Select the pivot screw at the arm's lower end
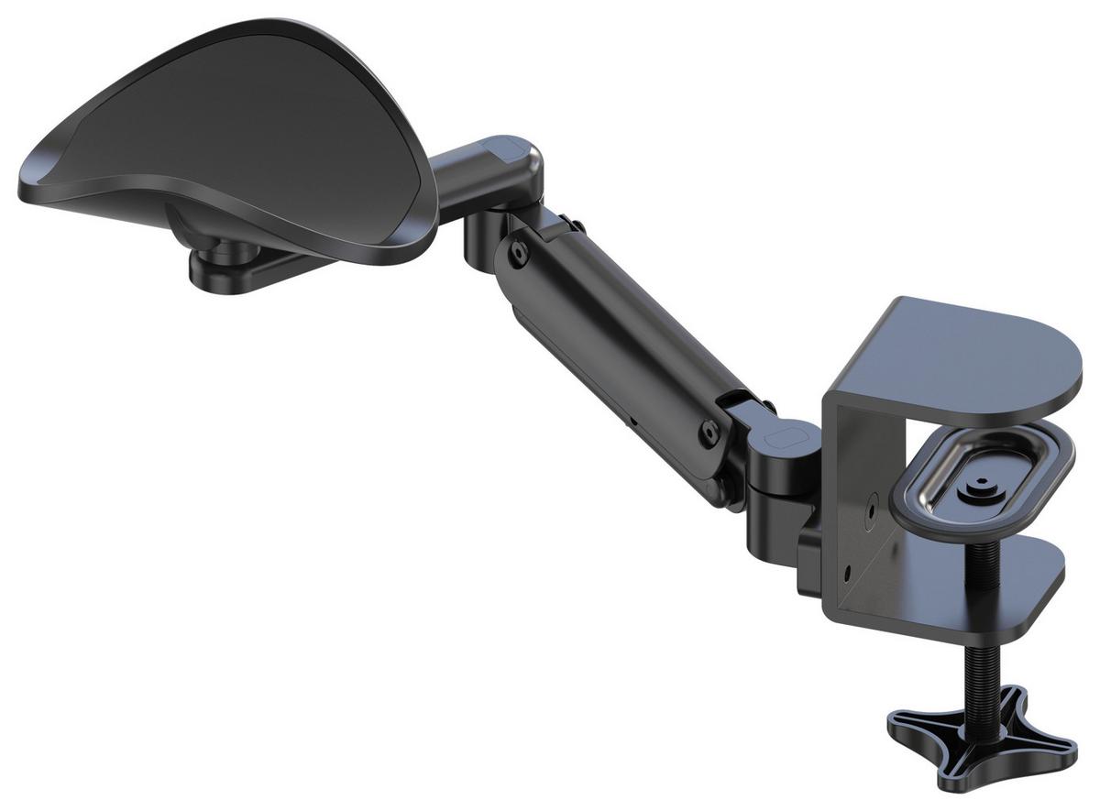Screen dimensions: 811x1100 pos(708,429)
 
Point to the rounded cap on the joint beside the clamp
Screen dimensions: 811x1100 pos(785,438)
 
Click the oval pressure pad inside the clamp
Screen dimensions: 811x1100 pos(981,481)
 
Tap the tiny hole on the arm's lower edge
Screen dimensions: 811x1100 pos(631,423)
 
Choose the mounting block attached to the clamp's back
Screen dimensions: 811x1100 pos(811,564)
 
